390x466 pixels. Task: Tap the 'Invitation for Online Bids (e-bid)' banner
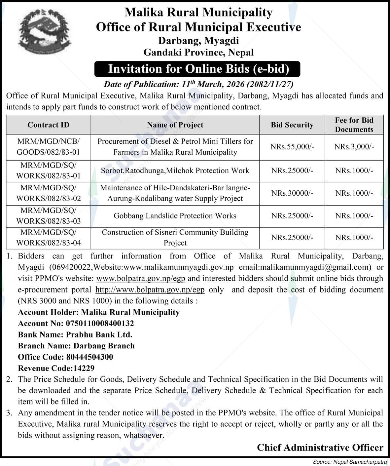click(x=197, y=69)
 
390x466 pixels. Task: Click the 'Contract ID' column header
click(x=49, y=125)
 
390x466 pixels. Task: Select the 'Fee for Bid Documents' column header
click(x=354, y=125)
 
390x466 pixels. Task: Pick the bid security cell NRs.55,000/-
click(x=292, y=147)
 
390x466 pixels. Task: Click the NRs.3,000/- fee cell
click(x=354, y=147)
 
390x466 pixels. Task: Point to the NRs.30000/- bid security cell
click(x=292, y=193)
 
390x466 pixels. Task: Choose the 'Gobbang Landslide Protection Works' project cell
click(x=175, y=216)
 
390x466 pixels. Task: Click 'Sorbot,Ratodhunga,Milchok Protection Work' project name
click(x=175, y=171)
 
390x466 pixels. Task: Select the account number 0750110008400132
click(x=100, y=324)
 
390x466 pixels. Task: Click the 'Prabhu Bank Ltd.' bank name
click(x=99, y=335)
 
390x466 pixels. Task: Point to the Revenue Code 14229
click(x=84, y=368)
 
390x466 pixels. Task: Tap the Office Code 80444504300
click(x=89, y=357)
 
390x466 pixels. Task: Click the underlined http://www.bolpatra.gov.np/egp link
click(x=150, y=290)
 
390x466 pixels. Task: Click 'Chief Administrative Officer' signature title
click(x=320, y=447)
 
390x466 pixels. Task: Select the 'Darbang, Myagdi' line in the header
click(x=198, y=41)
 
